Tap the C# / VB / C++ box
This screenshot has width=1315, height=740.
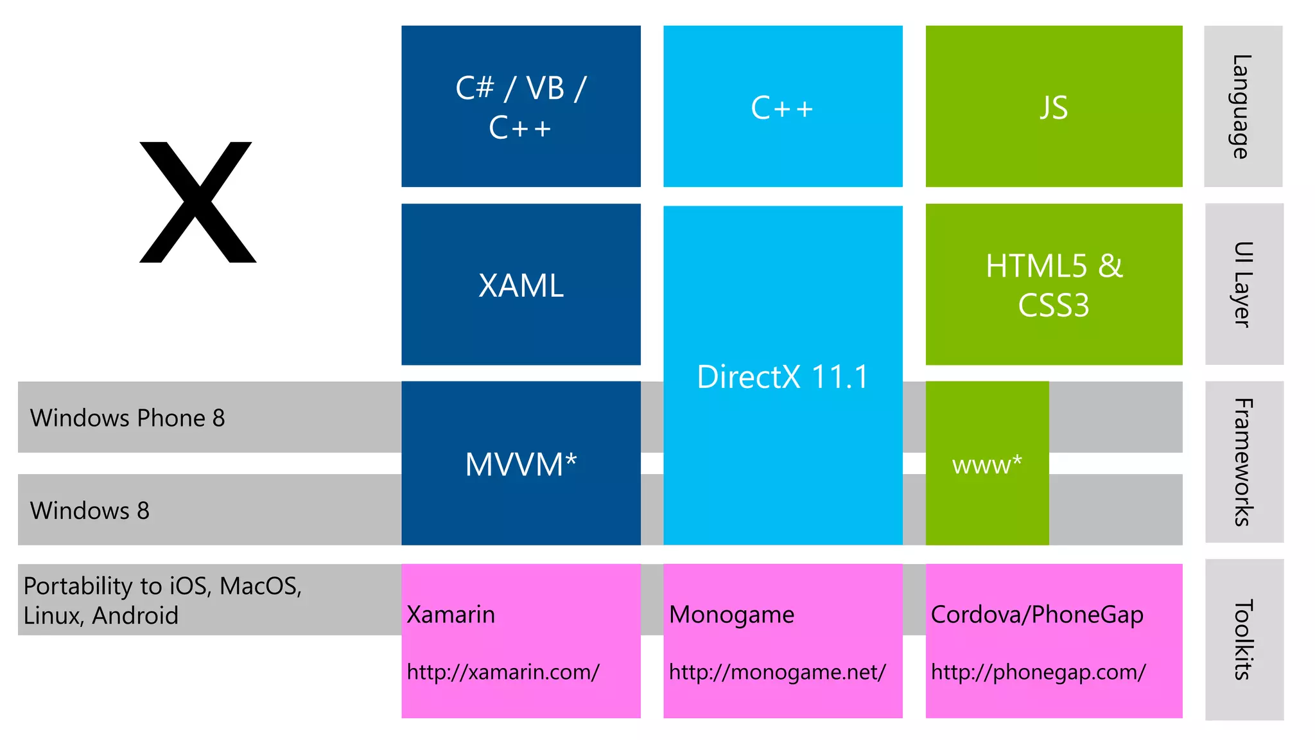(521, 107)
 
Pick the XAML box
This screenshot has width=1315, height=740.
(521, 285)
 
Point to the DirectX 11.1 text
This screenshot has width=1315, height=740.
(782, 376)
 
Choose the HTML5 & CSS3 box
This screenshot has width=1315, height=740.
(1054, 285)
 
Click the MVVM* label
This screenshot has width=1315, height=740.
(521, 464)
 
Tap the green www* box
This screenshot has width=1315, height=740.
(987, 464)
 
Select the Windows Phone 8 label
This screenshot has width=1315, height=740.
(127, 418)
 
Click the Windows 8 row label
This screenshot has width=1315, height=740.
(90, 511)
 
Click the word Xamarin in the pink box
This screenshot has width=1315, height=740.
(451, 615)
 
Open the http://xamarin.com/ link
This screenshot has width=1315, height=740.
(503, 672)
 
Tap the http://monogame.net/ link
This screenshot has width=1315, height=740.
(777, 672)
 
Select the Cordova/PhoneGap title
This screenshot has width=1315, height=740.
(1037, 615)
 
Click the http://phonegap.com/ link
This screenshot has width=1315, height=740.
(1038, 672)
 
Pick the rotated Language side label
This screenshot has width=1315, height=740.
(1242, 107)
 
